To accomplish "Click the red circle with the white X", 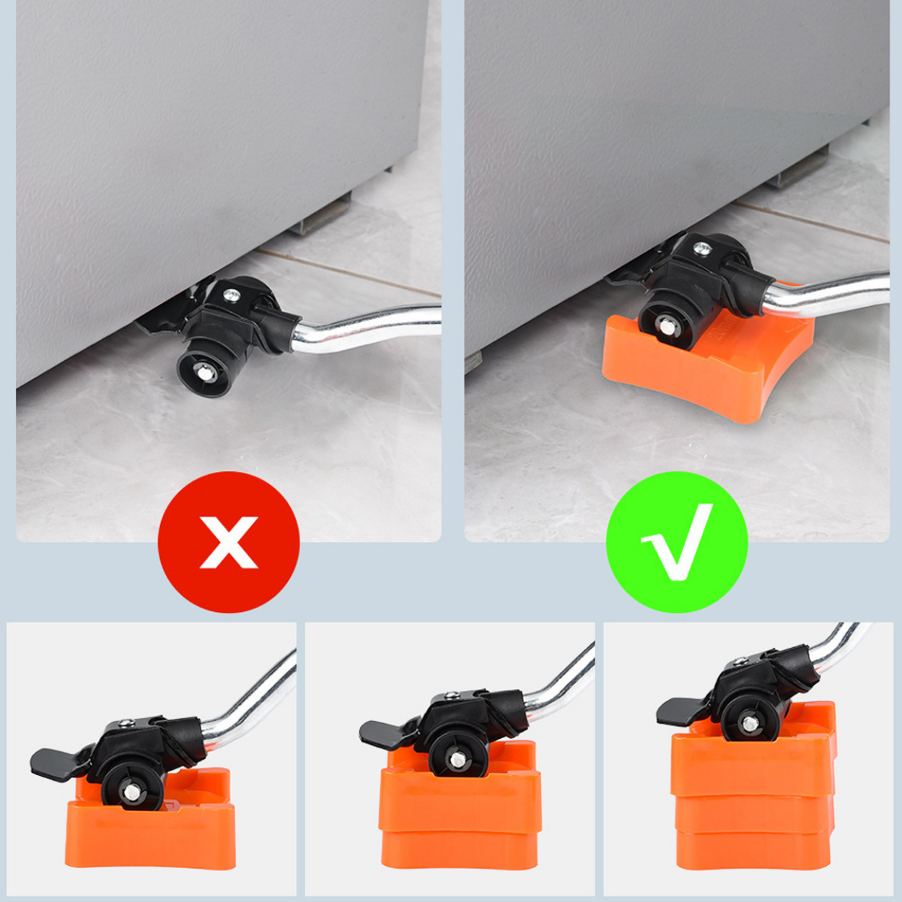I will click(x=228, y=542).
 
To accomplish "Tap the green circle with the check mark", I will click(x=676, y=542).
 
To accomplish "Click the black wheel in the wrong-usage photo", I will click(x=207, y=370).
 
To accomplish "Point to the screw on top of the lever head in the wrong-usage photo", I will click(x=231, y=294).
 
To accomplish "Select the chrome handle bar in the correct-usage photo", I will click(x=830, y=290).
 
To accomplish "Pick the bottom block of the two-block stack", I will click(x=459, y=849).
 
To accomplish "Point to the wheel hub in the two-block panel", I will click(x=456, y=758).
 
